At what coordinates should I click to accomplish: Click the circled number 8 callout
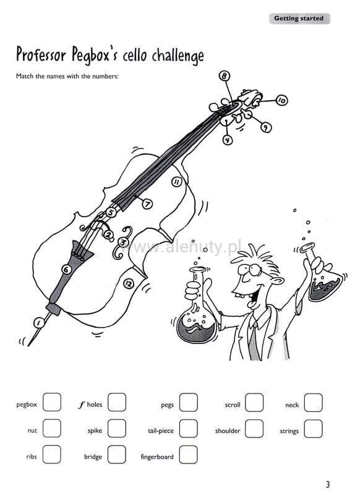pos(224,76)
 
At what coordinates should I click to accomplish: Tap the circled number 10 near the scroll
pos(281,100)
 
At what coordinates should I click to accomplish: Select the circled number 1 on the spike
pos(39,322)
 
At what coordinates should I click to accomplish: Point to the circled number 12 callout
pos(128,283)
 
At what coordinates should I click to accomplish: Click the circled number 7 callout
pos(147,204)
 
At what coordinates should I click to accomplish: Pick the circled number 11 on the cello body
pos(177,181)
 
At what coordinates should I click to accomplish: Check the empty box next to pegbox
pos(52,402)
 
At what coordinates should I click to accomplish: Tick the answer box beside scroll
pos(254,402)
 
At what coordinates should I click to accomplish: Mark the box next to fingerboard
pos(189,455)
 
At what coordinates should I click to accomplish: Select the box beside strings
pos(314,429)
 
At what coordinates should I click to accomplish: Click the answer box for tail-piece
pos(189,428)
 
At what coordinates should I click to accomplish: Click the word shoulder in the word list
pos(228,431)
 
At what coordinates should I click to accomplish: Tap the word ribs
pos(32,456)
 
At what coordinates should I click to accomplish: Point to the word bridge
pos(93,457)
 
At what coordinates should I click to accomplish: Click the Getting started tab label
pos(299,19)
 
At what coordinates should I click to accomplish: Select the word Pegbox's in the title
pos(95,56)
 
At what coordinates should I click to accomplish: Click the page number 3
pos(328,484)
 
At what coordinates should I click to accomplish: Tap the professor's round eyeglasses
pos(250,269)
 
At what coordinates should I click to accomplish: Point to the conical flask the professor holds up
pos(323,275)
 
